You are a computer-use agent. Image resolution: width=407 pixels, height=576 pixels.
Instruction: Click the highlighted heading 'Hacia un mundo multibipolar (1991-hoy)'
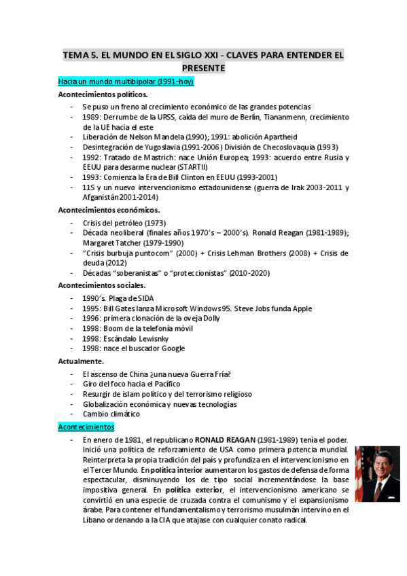126,82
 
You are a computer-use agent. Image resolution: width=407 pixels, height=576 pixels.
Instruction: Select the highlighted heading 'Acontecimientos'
86,427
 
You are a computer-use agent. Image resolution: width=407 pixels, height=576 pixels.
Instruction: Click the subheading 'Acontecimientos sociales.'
102,285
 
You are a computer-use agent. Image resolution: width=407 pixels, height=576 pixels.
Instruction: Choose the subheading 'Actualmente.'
81,361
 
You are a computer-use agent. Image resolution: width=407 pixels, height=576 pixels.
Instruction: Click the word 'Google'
173,348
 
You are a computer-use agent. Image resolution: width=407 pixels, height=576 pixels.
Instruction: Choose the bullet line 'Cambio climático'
111,414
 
